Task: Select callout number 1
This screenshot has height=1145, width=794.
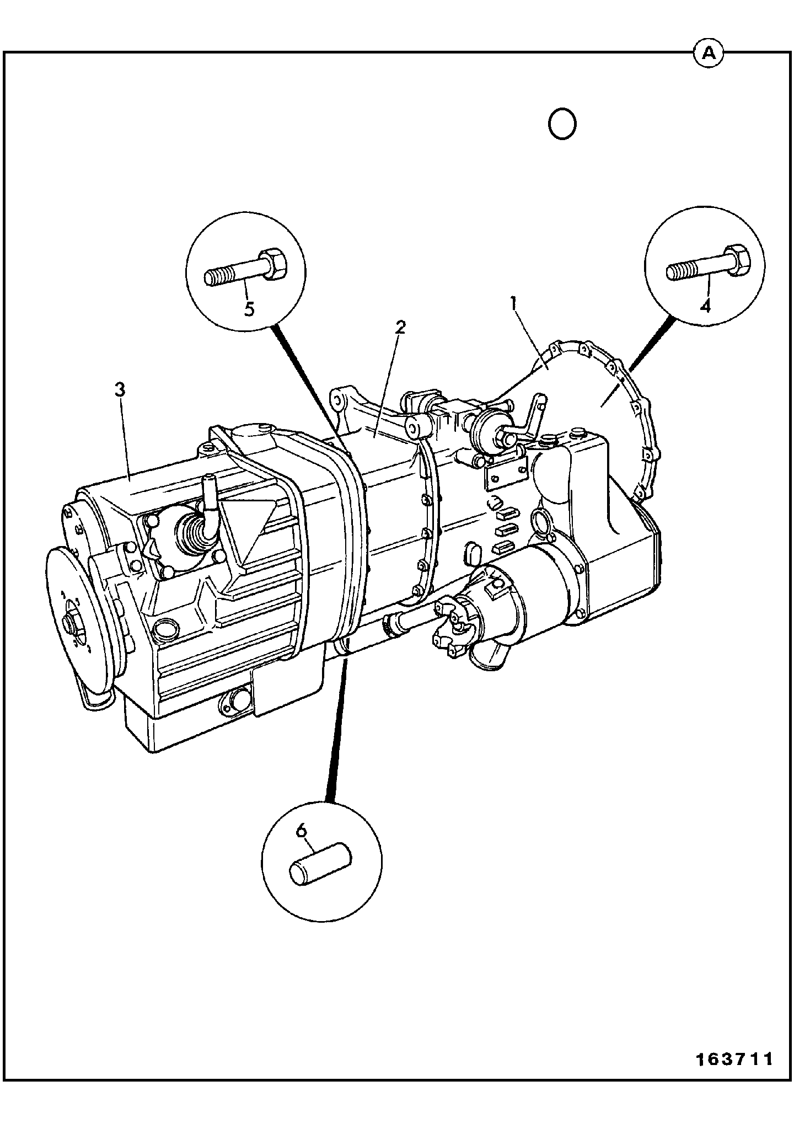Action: [513, 303]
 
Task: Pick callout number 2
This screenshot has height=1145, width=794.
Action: [400, 328]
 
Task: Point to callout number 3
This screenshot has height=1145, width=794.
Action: [120, 389]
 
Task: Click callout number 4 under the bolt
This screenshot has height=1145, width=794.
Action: [705, 306]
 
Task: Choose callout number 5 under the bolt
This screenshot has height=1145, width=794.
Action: [249, 309]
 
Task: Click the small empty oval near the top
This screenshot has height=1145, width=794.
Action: [562, 124]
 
